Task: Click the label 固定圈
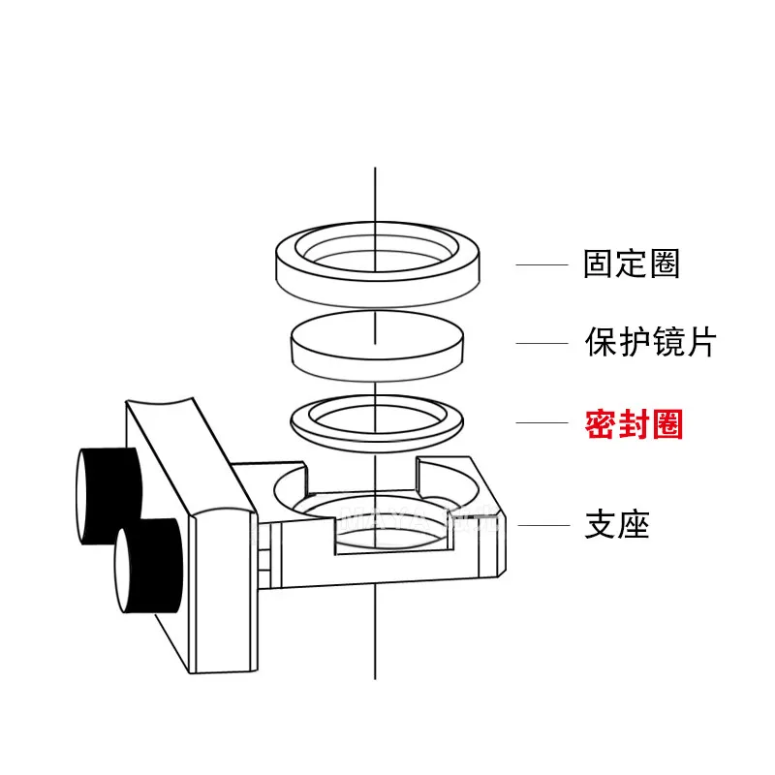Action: pos(632,263)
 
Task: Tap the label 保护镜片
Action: pos(649,342)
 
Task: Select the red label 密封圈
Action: pos(634,424)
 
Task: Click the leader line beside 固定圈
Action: pos(542,264)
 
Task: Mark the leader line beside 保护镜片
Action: pos(542,342)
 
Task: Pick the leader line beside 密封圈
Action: pos(542,422)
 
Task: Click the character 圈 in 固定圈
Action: pos(665,263)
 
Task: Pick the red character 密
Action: pos(601,424)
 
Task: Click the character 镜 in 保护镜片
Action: pos(666,342)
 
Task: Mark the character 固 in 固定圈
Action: pos(600,263)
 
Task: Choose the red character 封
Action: pos(634,424)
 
